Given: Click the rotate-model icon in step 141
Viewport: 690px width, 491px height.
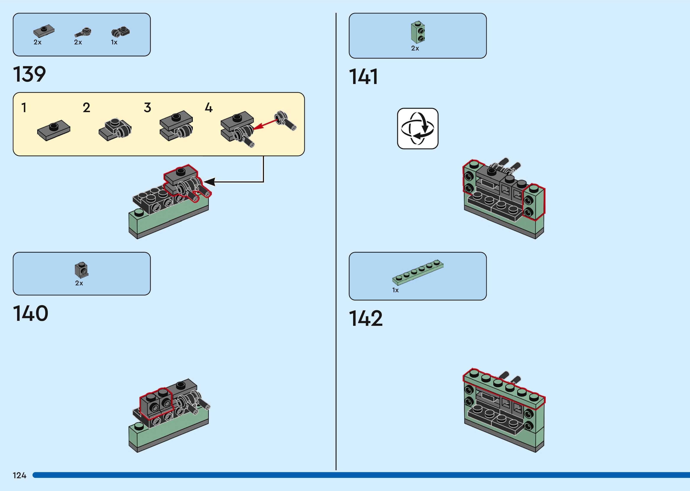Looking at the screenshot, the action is (x=418, y=129).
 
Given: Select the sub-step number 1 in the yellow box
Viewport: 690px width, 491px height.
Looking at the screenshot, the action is (x=24, y=108).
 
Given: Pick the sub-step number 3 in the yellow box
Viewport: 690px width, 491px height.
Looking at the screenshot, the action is (x=147, y=108).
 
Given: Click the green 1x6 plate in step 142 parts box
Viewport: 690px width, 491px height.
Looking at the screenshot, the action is (x=418, y=272).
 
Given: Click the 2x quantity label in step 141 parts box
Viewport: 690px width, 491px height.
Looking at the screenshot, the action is (x=415, y=48).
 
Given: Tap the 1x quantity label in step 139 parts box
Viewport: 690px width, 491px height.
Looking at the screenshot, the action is (x=114, y=42).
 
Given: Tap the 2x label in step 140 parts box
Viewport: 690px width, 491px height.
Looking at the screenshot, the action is (x=79, y=283).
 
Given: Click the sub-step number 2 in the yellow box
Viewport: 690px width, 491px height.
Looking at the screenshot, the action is (x=86, y=108).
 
